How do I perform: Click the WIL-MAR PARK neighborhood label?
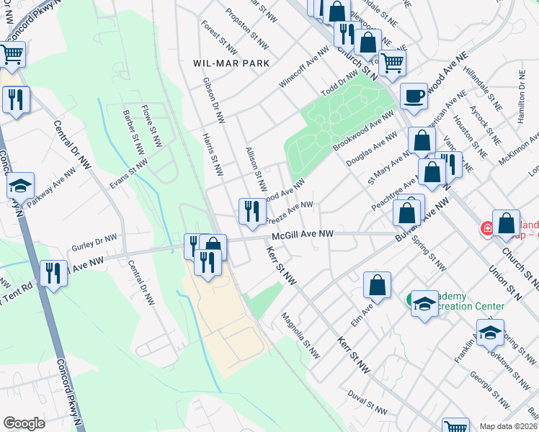[231, 63]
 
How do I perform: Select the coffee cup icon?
[414, 96]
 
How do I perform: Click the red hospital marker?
[487, 229]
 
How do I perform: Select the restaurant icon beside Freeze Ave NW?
[251, 210]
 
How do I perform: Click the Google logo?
[24, 423]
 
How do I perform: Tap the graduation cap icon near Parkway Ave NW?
[21, 184]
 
